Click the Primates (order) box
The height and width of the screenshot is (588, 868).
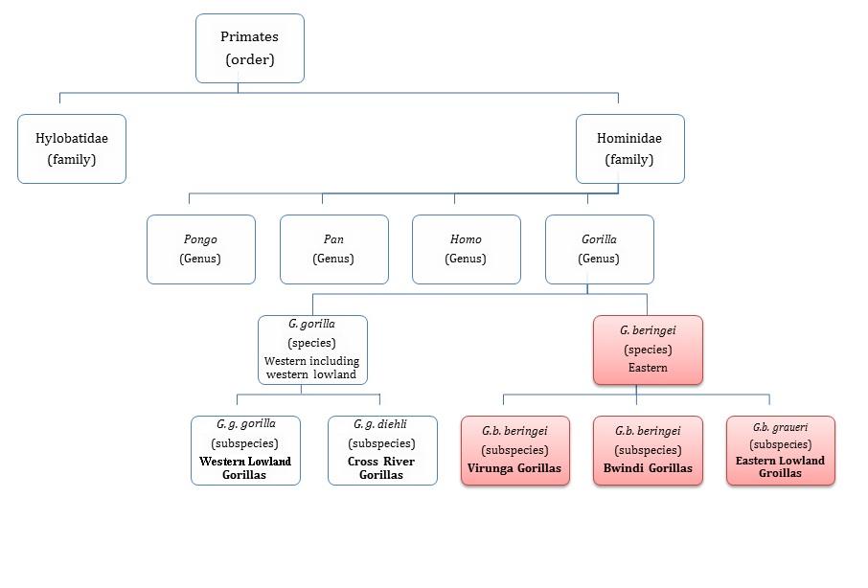click(250, 48)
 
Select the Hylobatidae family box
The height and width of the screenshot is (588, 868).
click(72, 148)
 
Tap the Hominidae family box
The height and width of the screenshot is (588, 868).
click(629, 148)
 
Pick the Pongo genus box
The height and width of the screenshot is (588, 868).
click(201, 249)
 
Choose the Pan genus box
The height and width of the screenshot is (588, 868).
click(333, 249)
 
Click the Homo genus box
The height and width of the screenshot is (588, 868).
click(467, 249)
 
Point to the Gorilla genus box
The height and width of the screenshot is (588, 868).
click(599, 249)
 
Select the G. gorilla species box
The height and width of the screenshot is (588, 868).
click(312, 350)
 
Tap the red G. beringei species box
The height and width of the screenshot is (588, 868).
click(648, 350)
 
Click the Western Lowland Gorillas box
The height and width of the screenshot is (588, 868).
click(245, 450)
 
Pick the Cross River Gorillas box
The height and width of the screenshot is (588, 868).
click(382, 450)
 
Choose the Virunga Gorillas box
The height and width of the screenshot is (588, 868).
click(515, 450)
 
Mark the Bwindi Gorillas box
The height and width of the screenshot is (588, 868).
click(648, 450)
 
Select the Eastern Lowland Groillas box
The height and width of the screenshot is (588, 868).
click(780, 450)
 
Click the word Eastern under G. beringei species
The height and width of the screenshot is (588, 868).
click(648, 368)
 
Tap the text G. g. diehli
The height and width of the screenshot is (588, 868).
click(380, 424)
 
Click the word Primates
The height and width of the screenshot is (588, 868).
click(249, 37)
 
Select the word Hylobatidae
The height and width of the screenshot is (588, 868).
click(72, 139)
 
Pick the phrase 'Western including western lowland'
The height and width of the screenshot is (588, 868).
click(312, 368)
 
